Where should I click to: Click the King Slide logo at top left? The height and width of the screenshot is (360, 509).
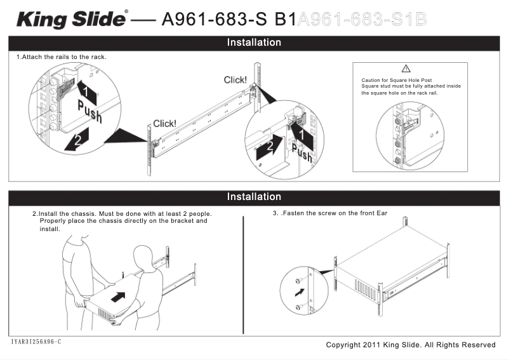coord(71,19)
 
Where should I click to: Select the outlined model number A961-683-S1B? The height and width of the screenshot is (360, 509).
coord(362,19)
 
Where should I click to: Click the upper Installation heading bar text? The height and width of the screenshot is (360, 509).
coord(254,43)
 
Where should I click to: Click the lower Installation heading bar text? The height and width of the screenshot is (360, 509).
coord(254,197)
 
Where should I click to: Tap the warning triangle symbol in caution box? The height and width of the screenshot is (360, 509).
coord(407,69)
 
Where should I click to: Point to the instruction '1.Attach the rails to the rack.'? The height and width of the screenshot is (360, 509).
coord(61,57)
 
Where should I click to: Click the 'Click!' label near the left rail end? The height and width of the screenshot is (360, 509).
coord(165,124)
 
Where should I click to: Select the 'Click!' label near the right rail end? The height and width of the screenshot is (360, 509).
coord(235,80)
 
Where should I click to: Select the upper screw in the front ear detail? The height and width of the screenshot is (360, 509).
coord(298,281)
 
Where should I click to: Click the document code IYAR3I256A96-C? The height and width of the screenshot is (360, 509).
coord(36,342)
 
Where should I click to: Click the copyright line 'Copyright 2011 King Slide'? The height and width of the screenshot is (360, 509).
coord(410,345)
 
